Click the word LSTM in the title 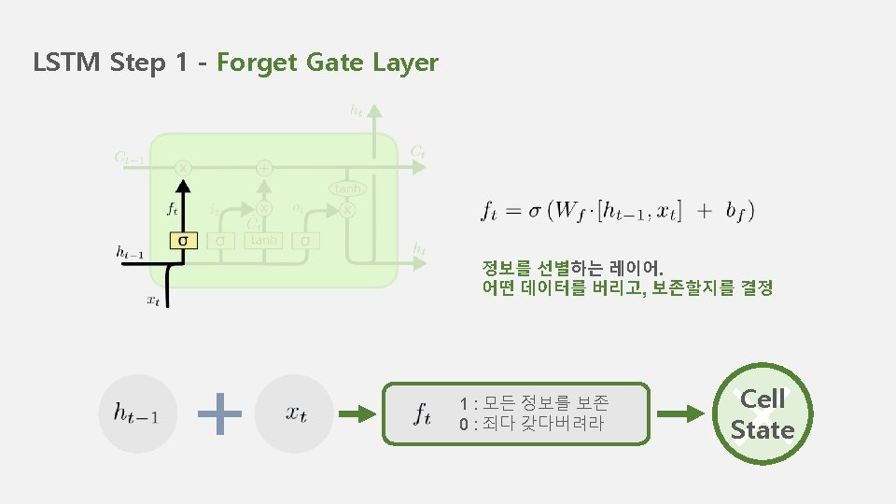tap(67, 63)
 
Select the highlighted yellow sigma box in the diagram tap(184, 240)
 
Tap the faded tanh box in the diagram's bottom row tap(263, 240)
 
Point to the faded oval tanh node tap(346, 189)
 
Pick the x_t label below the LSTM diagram tap(153, 300)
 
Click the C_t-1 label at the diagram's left tap(128, 158)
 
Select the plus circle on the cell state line tap(264, 168)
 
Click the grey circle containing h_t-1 tap(137, 413)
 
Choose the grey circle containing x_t tap(295, 413)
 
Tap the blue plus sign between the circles tap(221, 413)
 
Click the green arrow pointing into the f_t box tap(359, 413)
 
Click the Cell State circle tap(763, 413)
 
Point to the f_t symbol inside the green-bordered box tap(422, 413)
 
